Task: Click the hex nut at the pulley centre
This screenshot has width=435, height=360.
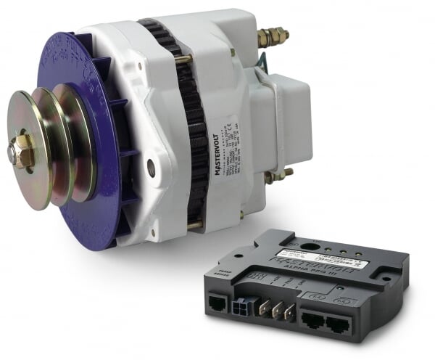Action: (22, 150)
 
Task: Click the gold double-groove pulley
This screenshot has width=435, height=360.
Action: (54, 145)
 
